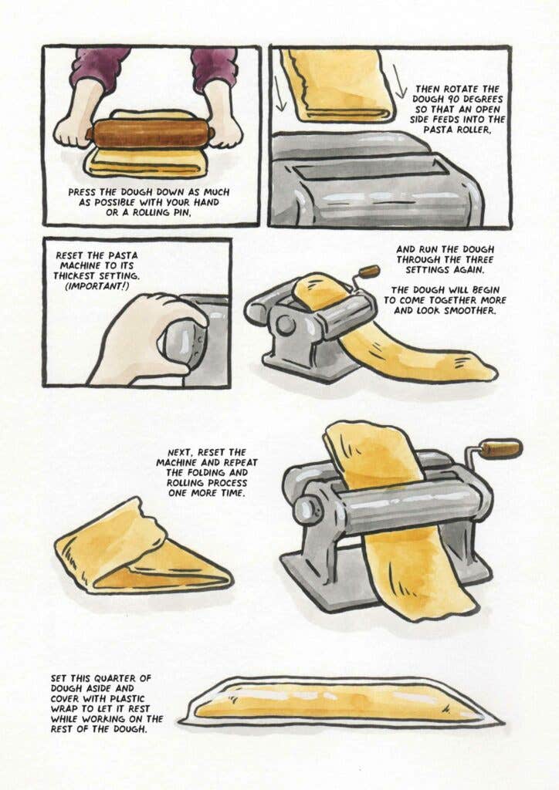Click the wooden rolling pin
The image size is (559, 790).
pos(151,133)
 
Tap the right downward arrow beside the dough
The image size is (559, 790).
pos(400,81)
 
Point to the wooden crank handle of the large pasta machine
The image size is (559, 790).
pos(500,448)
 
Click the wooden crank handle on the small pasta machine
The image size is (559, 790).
pos(370,272)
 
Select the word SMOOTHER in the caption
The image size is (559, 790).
pos(470,310)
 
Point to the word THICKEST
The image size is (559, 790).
pos(76,276)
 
